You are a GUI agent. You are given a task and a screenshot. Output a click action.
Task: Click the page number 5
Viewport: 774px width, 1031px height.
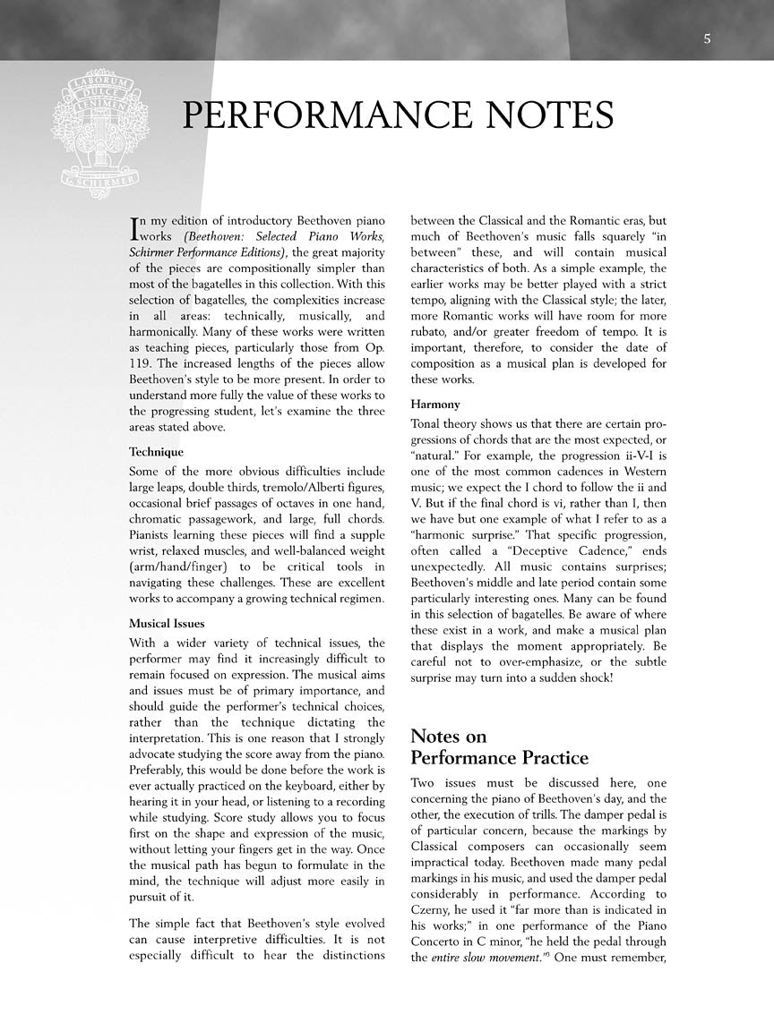pos(707,38)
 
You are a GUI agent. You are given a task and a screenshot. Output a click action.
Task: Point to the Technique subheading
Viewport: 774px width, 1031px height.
pos(156,452)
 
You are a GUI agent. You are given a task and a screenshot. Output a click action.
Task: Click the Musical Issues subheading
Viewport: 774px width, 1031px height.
pos(167,623)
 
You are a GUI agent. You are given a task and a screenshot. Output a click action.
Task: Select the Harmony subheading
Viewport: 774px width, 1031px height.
pos(434,405)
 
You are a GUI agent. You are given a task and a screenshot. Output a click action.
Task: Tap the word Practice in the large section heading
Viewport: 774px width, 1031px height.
pos(545,758)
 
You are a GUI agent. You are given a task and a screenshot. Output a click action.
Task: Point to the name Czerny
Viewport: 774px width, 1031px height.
pos(434,910)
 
